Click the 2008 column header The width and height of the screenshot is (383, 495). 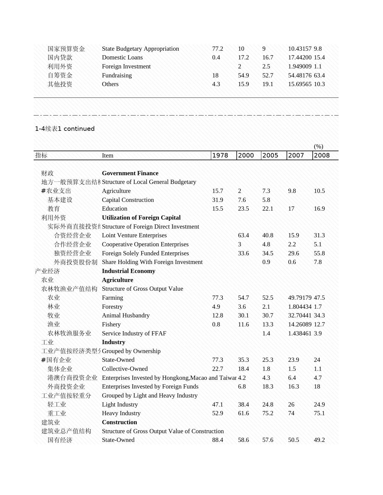[322, 155]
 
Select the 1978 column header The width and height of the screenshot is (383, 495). [220, 155]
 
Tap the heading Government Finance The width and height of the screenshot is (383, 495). [130, 173]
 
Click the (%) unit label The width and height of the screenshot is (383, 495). [318, 146]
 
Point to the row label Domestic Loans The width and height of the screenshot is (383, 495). [122, 57]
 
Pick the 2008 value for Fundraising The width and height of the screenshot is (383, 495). [319, 75]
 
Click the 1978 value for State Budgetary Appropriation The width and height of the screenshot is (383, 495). [217, 49]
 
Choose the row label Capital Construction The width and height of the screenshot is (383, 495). [128, 200]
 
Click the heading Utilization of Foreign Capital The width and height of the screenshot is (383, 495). [141, 217]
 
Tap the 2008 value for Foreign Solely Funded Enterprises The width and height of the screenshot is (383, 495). [319, 253]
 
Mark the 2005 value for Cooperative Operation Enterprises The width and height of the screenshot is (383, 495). [266, 244]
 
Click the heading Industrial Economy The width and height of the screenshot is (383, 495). [129, 271]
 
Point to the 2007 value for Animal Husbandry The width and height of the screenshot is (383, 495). [299, 315]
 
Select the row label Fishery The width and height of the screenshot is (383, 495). [111, 324]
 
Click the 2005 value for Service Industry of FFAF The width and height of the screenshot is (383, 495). [266, 333]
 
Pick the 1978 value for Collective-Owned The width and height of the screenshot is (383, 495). [217, 369]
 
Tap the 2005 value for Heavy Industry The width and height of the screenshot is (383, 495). [268, 413]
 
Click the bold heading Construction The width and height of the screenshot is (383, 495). [119, 422]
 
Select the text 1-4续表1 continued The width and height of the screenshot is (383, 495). [65, 129]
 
